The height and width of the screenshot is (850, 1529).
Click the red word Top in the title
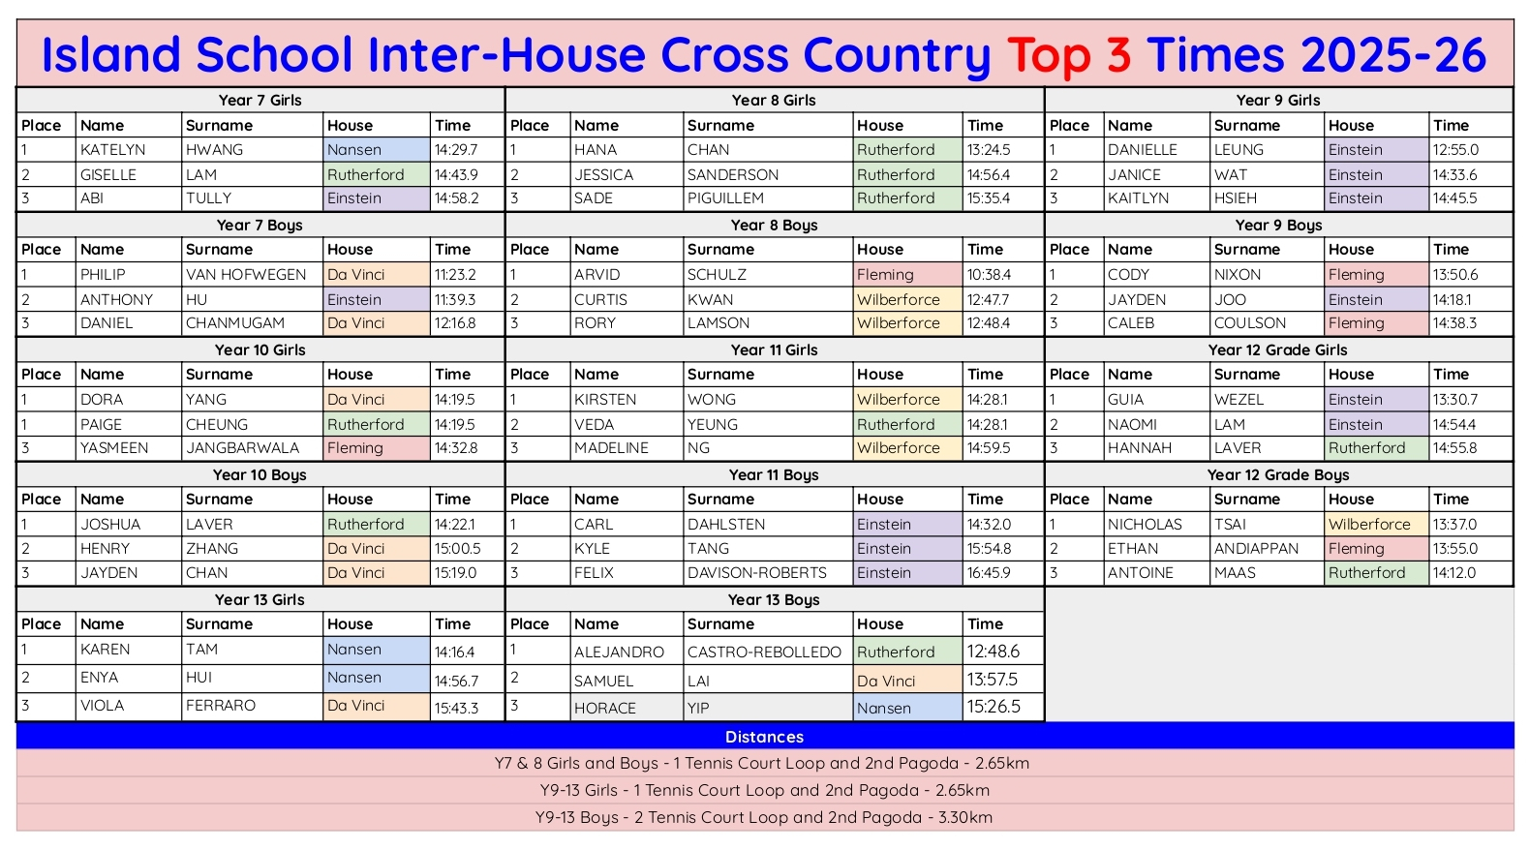click(x=1048, y=55)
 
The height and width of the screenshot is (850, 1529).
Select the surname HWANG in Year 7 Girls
click(x=215, y=150)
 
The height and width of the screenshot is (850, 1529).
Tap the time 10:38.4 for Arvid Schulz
click(x=989, y=275)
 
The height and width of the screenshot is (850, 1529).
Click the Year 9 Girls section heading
click(x=1277, y=101)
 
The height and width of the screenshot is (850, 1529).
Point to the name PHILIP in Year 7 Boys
click(x=103, y=275)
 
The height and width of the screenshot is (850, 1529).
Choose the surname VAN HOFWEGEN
click(x=246, y=275)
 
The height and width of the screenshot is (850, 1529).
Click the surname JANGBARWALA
click(x=242, y=448)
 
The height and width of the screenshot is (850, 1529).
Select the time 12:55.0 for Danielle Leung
click(x=1455, y=150)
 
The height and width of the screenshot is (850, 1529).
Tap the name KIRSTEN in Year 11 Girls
click(x=605, y=400)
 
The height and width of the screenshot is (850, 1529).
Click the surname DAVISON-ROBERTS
click(x=757, y=573)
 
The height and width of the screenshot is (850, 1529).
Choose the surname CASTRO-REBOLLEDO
click(x=764, y=653)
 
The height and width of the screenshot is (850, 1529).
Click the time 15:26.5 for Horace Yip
click(x=994, y=707)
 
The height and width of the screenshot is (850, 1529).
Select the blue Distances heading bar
click(x=764, y=737)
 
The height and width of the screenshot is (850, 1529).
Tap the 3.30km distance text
click(x=964, y=817)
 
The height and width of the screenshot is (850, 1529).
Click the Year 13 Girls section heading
click(x=260, y=600)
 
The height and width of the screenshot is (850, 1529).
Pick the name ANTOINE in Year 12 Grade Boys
click(x=1140, y=573)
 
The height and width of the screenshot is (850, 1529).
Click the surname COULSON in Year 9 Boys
click(x=1250, y=323)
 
